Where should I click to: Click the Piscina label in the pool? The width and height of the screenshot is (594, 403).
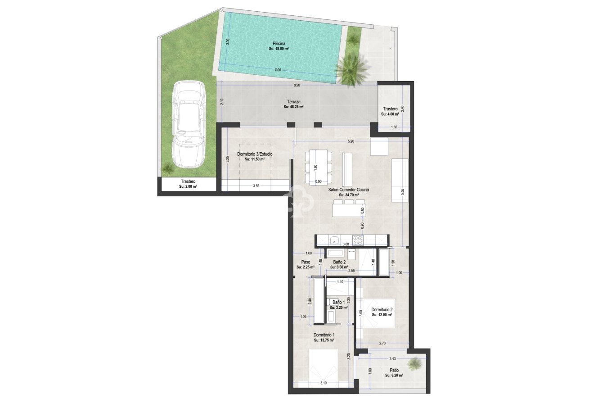tap(279, 43)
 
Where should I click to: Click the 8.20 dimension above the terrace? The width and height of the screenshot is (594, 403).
tap(297, 85)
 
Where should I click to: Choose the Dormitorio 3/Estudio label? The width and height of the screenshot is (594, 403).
tap(255, 154)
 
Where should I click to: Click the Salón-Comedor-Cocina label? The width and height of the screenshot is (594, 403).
tap(348, 190)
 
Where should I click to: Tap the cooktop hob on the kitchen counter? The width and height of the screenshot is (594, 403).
tap(358, 240)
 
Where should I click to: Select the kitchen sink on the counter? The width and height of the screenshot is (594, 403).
tap(334, 240)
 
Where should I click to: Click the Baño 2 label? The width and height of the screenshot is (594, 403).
tap(339, 262)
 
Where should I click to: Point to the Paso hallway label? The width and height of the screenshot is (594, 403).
tap(305, 262)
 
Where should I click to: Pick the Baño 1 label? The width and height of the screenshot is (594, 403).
tap(338, 302)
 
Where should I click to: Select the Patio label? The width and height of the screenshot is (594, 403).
tap(394, 370)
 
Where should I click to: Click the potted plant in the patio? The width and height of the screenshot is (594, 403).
tap(415, 362)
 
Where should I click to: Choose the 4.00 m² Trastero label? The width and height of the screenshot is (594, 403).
tap(390, 109)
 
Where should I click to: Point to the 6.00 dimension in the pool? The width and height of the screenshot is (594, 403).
tap(278, 70)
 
